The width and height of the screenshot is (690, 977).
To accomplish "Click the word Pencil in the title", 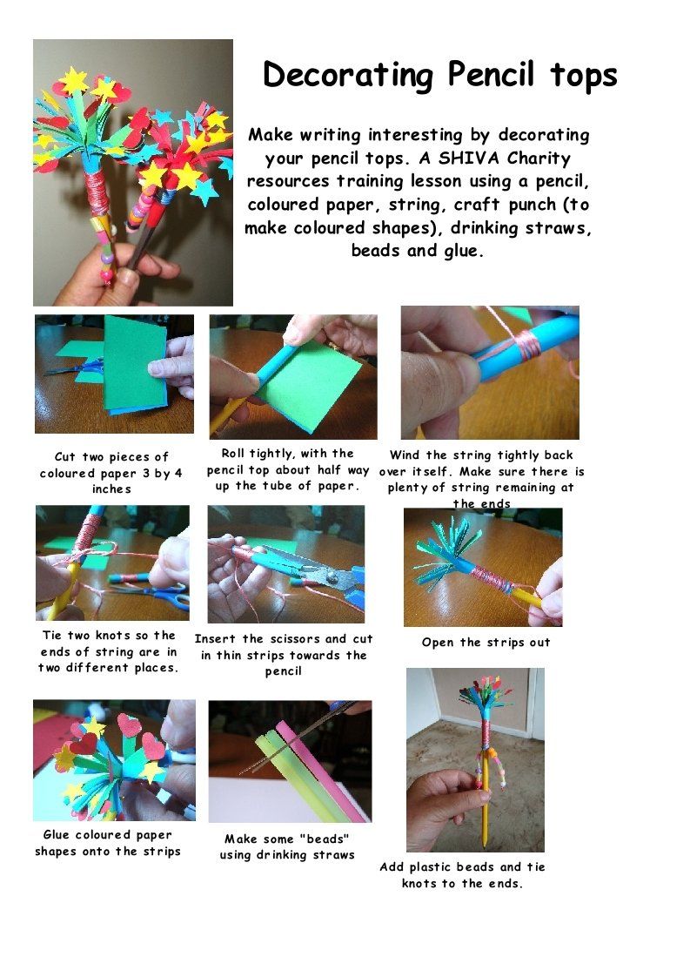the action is (491, 74).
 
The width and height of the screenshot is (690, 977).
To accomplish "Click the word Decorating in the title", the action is (347, 76).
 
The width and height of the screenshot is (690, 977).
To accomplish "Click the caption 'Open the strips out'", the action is (486, 643).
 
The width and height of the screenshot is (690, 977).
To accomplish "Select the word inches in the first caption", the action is (111, 489).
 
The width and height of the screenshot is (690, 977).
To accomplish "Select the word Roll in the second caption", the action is (233, 454).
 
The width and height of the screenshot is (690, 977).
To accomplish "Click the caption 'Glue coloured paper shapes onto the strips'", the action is (108, 843).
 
